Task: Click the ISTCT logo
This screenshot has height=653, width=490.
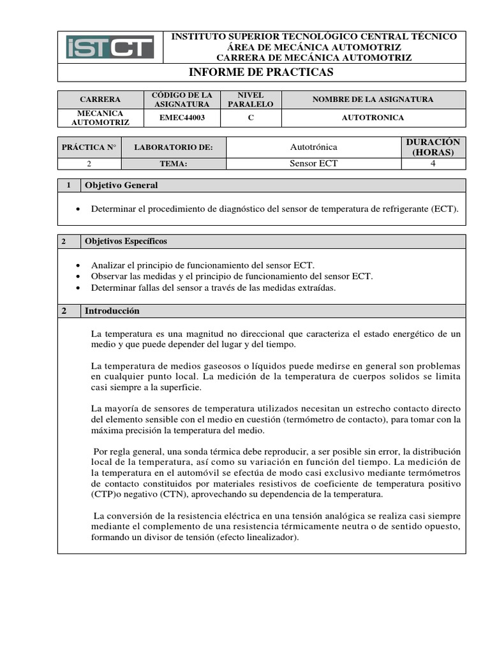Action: [x=110, y=47]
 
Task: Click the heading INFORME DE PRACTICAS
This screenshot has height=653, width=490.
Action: [x=262, y=73]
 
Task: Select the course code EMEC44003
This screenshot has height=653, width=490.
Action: [x=186, y=118]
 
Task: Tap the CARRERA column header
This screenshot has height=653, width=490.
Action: [x=100, y=99]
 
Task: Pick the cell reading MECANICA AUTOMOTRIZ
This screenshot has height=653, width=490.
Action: [x=100, y=118]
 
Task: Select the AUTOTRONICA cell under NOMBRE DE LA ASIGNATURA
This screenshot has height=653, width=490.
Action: [x=373, y=118]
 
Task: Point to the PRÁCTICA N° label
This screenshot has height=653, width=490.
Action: [x=89, y=147]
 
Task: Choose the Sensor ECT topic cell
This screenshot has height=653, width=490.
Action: [x=313, y=164]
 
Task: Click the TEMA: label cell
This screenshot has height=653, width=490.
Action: [x=173, y=164]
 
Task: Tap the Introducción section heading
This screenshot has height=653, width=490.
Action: [x=112, y=311]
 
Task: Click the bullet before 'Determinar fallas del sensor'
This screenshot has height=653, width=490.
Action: [x=78, y=288]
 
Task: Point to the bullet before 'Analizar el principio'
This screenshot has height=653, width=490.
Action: [x=78, y=265]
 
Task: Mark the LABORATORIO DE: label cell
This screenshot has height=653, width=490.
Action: [x=173, y=147]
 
